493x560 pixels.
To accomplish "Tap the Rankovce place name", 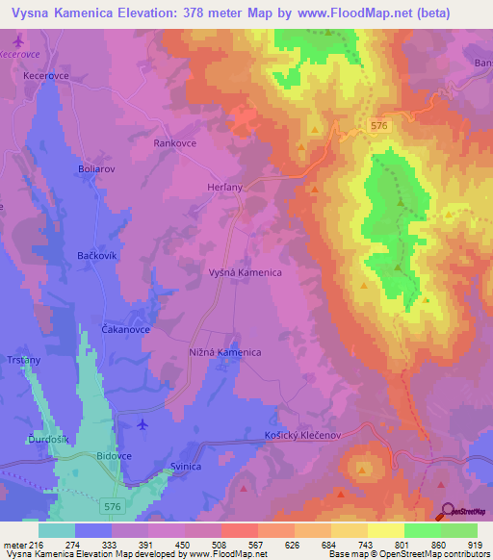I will [x=175, y=142].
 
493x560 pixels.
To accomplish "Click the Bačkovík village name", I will [x=96, y=255].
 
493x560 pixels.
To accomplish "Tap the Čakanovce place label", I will [x=126, y=328].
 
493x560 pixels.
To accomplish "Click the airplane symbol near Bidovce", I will [x=143, y=423].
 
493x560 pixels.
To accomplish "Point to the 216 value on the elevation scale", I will [x=39, y=545].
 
